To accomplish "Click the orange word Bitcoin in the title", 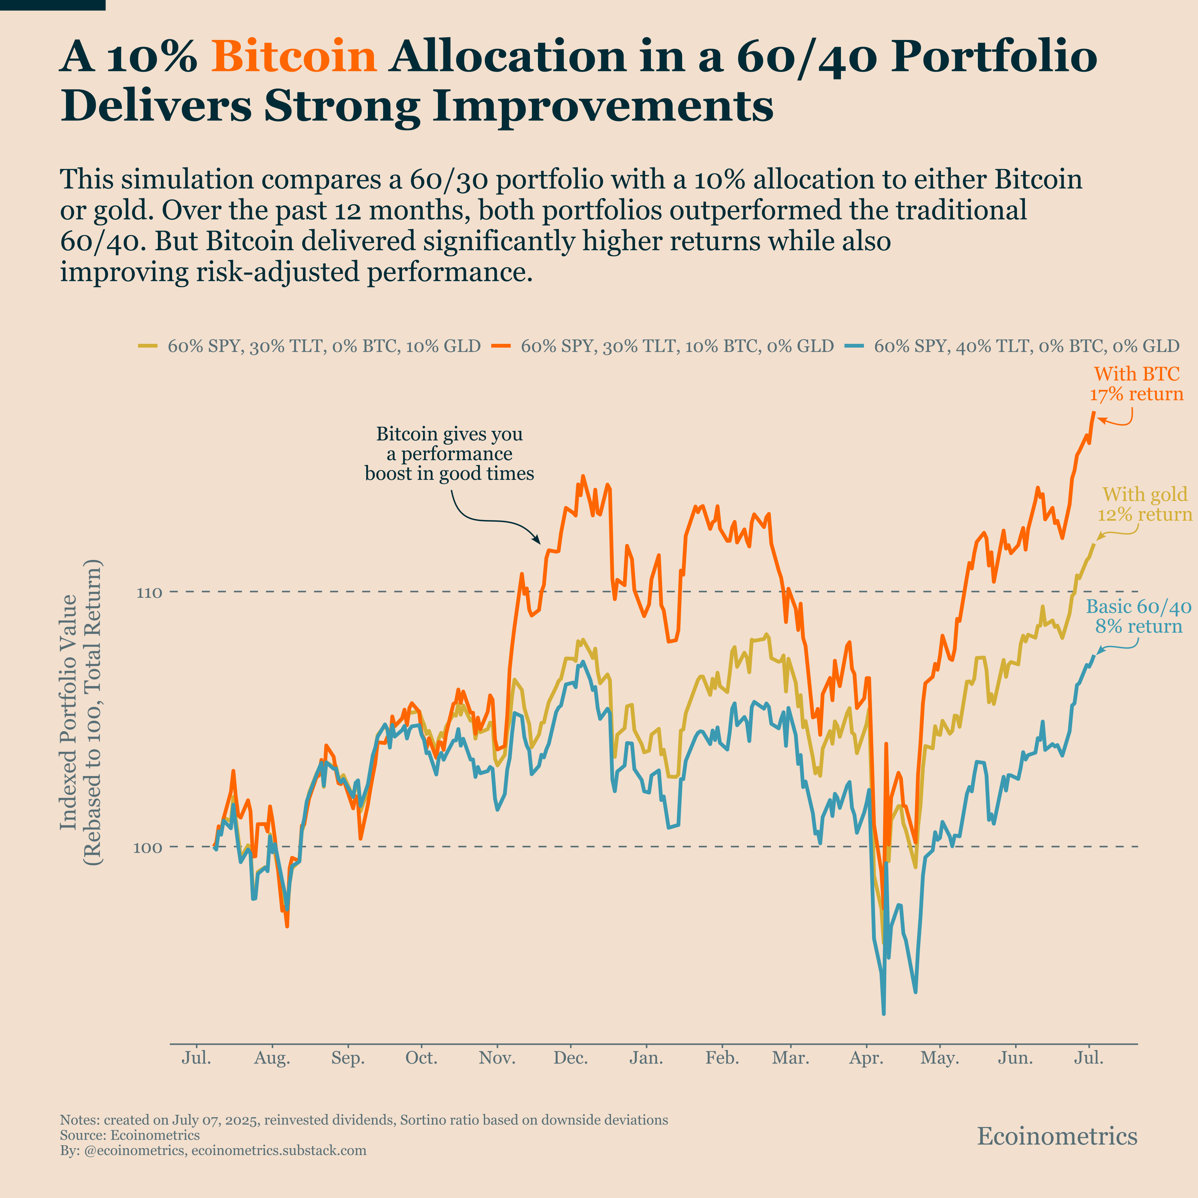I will (x=294, y=57).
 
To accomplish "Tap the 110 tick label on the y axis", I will (x=149, y=592).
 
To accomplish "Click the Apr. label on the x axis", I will (x=866, y=1058).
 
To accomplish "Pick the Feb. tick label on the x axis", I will (x=722, y=1058).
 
